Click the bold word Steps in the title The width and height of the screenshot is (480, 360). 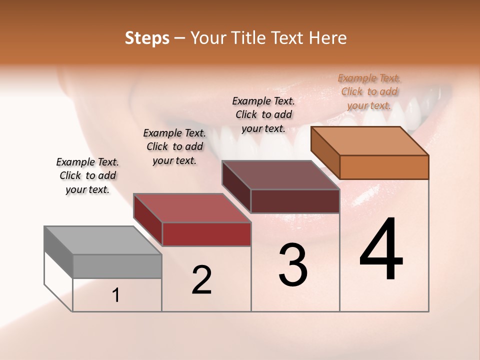pyautogui.click(x=147, y=38)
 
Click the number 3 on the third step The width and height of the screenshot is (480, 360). pyautogui.click(x=293, y=265)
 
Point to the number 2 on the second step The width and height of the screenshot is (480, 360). pyautogui.click(x=202, y=280)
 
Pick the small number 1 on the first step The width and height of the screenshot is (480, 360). pyautogui.click(x=116, y=295)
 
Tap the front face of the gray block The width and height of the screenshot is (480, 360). pyautogui.click(x=117, y=266)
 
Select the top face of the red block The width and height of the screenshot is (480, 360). pyautogui.click(x=192, y=208)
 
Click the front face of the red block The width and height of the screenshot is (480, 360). pyautogui.click(x=206, y=234)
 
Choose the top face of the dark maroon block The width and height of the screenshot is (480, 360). pyautogui.click(x=280, y=175)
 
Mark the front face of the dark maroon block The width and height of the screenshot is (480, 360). pyautogui.click(x=295, y=201)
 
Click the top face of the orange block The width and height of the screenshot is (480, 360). pyautogui.click(x=370, y=141)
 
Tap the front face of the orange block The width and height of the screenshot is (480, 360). pyautogui.click(x=384, y=167)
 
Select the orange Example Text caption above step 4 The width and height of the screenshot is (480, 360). pyautogui.click(x=369, y=91)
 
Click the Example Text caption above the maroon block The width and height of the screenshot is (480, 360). pyautogui.click(x=263, y=114)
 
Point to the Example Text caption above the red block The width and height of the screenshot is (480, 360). pyautogui.click(x=174, y=146)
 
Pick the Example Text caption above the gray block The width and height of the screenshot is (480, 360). pyautogui.click(x=87, y=175)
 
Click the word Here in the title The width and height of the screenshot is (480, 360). pyautogui.click(x=327, y=38)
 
